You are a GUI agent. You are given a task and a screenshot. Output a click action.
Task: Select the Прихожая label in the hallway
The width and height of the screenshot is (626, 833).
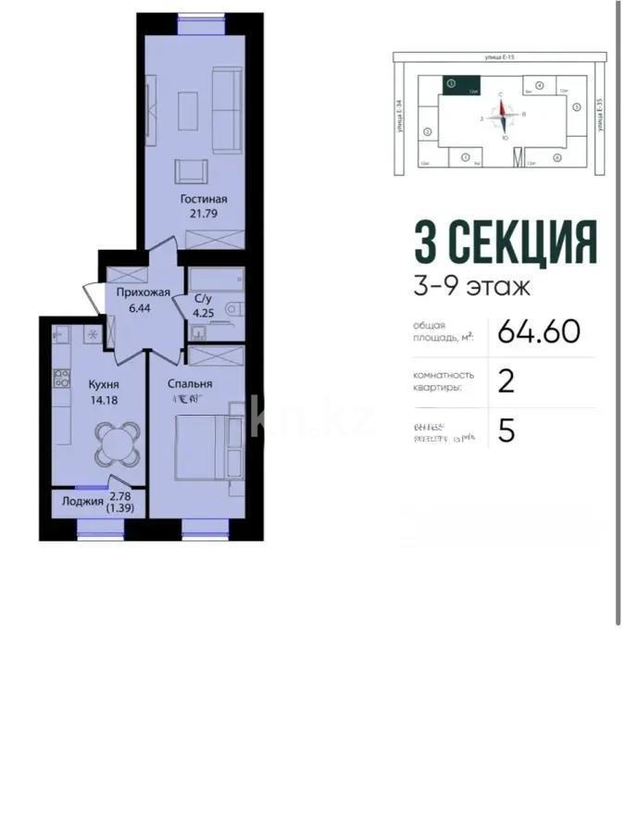144,292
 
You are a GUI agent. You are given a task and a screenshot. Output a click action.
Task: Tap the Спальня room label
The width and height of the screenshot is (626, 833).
190,383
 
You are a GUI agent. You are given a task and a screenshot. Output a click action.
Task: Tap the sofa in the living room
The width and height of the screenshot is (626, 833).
227,109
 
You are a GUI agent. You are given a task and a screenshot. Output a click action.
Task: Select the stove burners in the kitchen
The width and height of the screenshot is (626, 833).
62,378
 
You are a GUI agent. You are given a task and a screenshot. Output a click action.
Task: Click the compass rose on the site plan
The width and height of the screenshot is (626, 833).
504,117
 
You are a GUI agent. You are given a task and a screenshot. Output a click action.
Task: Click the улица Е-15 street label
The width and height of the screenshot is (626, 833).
499,57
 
